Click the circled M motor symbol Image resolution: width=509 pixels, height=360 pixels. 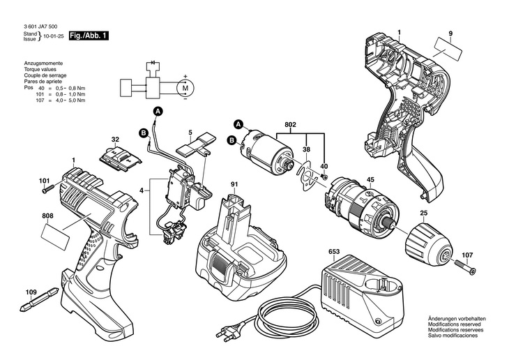(x=185, y=88)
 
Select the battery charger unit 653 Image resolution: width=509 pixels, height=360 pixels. (x=356, y=286)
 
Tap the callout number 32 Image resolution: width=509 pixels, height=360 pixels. (x=115, y=139)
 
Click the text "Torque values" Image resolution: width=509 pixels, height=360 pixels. (x=40, y=71)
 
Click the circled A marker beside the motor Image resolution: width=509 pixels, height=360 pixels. (x=237, y=125)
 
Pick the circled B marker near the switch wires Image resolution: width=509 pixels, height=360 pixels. (x=143, y=133)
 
